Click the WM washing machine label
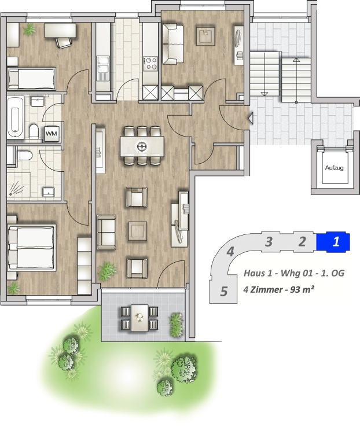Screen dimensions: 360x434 click(x=52, y=134)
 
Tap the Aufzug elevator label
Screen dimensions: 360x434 click(x=335, y=168)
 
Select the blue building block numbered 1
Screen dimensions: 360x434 click(x=333, y=242)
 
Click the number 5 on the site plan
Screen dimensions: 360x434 click(x=224, y=292)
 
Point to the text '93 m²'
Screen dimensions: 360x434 click(x=302, y=289)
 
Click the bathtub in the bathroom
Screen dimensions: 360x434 click(x=15, y=116)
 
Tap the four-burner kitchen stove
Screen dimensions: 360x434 click(x=150, y=63)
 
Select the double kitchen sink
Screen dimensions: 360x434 click(x=103, y=68)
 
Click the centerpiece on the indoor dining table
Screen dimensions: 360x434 click(x=142, y=146)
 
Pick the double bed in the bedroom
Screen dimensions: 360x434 click(x=32, y=247)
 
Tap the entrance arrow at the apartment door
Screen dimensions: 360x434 click(x=251, y=118)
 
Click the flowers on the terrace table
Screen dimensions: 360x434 click(x=140, y=318)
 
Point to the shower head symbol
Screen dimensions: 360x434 click(x=14, y=188)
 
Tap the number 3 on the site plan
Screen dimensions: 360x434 click(x=269, y=242)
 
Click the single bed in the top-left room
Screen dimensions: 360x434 click(x=31, y=78)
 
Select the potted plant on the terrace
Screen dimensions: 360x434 click(x=176, y=325)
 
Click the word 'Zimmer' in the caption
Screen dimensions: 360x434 click(x=266, y=289)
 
